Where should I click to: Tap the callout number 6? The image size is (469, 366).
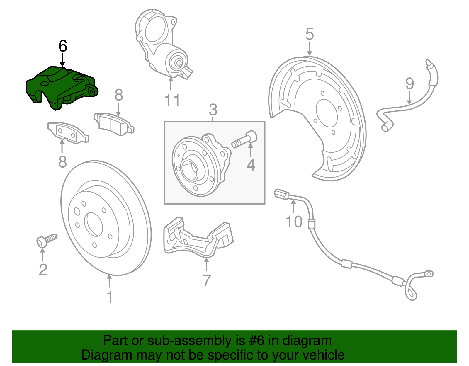63,46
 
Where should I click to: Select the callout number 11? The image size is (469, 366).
172,101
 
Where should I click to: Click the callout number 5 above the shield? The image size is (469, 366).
310,34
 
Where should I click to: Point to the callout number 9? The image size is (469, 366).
409,84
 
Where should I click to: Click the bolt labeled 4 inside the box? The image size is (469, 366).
245,140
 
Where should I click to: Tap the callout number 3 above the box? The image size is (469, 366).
213,110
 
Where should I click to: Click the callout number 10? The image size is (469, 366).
294,222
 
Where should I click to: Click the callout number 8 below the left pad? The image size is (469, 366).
62,162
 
